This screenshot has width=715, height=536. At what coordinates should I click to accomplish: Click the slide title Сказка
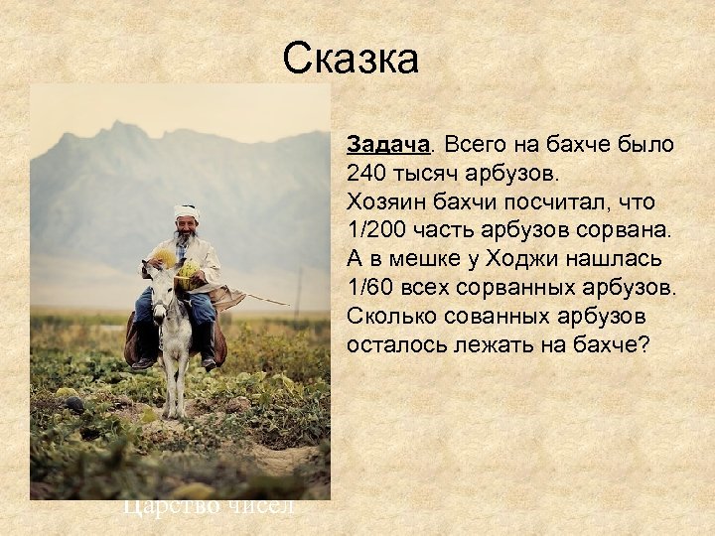pos(351,59)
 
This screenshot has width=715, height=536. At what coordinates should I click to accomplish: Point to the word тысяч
pos(429,174)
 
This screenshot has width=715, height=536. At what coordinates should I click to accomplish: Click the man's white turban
pos(186,212)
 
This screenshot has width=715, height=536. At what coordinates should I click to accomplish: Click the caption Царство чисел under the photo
pos(209,507)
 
